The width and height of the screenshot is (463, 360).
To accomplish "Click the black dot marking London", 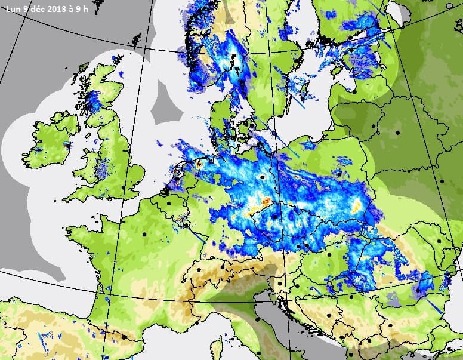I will pos(125,188).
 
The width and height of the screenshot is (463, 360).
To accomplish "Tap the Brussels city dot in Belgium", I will pos(169,204).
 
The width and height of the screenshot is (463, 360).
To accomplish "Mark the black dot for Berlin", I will pos(262,177).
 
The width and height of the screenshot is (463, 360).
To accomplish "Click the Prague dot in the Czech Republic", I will pos(274,217).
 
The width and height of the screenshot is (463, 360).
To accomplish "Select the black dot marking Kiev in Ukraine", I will pos(442,181).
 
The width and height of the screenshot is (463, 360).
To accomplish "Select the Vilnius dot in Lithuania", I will pos(375,127).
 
